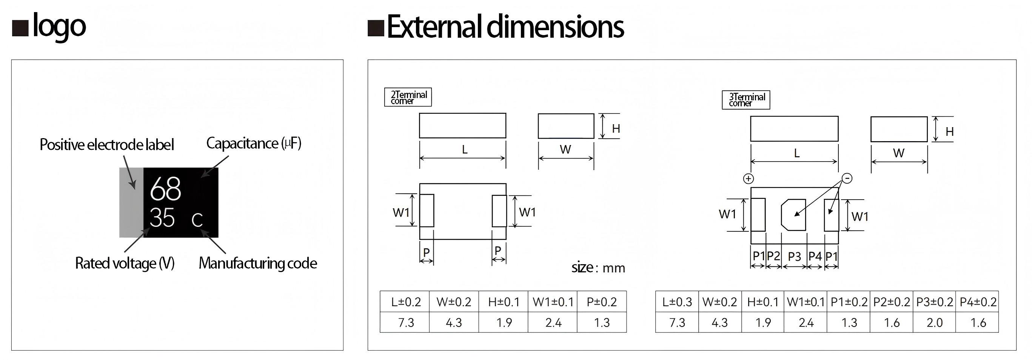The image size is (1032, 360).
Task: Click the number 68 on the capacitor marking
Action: [x=165, y=189]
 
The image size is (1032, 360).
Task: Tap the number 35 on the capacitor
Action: [x=162, y=218]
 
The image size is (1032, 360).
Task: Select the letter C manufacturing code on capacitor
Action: [x=197, y=220]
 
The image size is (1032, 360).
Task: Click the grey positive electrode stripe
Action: [x=131, y=203]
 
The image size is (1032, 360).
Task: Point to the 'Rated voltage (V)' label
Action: [x=125, y=263]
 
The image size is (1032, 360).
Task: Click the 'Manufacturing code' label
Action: [x=257, y=263]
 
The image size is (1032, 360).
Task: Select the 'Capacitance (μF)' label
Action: [x=254, y=143]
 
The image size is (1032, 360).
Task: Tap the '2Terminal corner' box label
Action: [x=408, y=97]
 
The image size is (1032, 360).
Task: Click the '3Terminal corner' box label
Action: [x=746, y=100]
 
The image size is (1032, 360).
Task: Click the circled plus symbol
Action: [x=749, y=178]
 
